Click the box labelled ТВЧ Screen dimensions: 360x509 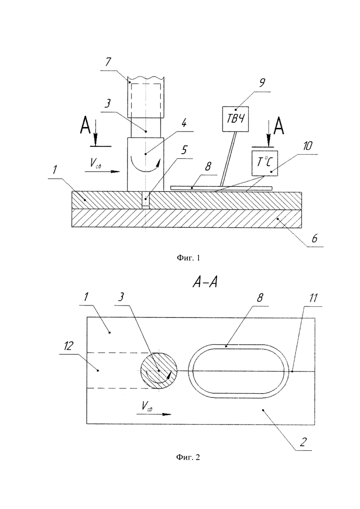tap(235, 119)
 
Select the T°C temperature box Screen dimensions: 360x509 tap(265, 163)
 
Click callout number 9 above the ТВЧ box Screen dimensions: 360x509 tap(262, 83)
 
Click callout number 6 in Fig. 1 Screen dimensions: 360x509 tap(314, 239)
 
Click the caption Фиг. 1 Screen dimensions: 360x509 tap(188, 258)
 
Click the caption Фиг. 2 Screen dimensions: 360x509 tap(188, 457)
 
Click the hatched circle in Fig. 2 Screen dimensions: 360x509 tap(159, 371)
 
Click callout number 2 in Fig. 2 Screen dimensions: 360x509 tap(303, 442)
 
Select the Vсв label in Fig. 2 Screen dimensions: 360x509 tap(147, 406)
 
